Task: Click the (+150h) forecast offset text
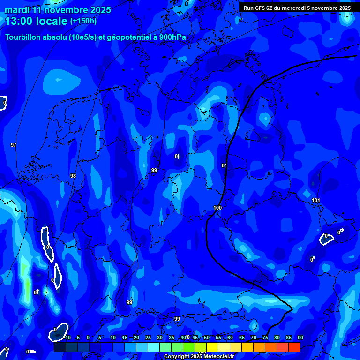[x=83, y=21]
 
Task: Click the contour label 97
[x=14, y=145]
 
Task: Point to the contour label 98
[x=73, y=176]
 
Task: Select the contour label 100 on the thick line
[x=217, y=208]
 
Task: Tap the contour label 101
[x=316, y=200]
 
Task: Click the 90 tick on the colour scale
[x=300, y=338]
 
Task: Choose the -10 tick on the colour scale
[x=67, y=338]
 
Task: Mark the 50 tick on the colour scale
[x=207, y=338]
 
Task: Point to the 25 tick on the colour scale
[x=148, y=338]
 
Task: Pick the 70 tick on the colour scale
[x=254, y=338]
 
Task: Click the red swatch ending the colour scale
[x=294, y=347]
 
